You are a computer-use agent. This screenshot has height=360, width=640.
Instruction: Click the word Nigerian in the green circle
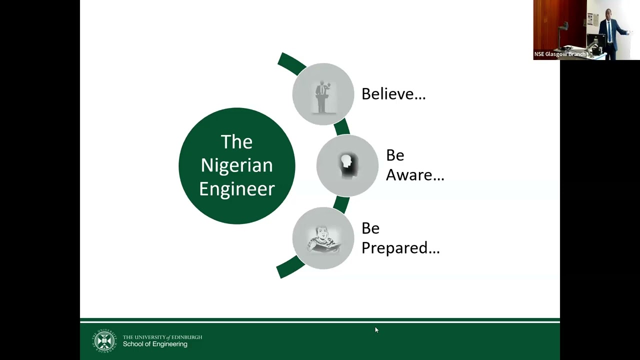(237, 165)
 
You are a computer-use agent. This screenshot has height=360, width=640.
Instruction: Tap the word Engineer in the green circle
(237, 188)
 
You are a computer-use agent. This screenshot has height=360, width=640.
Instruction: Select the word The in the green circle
(236, 141)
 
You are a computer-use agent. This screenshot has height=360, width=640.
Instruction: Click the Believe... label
(393, 93)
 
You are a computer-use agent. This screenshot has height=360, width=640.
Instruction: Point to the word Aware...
(415, 174)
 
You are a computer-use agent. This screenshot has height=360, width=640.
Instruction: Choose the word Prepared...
(400, 247)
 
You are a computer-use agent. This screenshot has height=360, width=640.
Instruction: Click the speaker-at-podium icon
(323, 97)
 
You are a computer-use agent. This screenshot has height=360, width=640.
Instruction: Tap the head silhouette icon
(347, 166)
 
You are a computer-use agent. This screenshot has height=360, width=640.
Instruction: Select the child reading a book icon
(323, 239)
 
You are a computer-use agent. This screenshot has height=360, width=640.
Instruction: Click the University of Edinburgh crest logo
(104, 341)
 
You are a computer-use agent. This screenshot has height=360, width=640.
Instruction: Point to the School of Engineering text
(155, 344)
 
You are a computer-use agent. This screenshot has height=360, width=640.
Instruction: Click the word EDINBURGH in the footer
(187, 337)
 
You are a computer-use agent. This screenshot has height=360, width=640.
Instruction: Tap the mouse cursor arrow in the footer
(376, 330)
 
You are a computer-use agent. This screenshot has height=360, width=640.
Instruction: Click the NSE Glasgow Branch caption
(559, 54)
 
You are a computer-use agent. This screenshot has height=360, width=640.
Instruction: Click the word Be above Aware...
(395, 155)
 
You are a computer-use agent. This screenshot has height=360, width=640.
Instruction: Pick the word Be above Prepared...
(370, 228)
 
